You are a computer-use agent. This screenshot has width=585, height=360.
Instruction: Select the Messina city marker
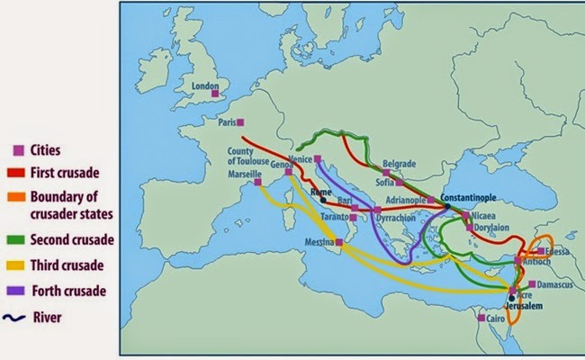(x=339, y=242)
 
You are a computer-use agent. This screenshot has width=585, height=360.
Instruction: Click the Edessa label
(x=555, y=251)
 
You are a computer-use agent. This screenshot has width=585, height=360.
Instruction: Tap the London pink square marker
(x=215, y=93)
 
